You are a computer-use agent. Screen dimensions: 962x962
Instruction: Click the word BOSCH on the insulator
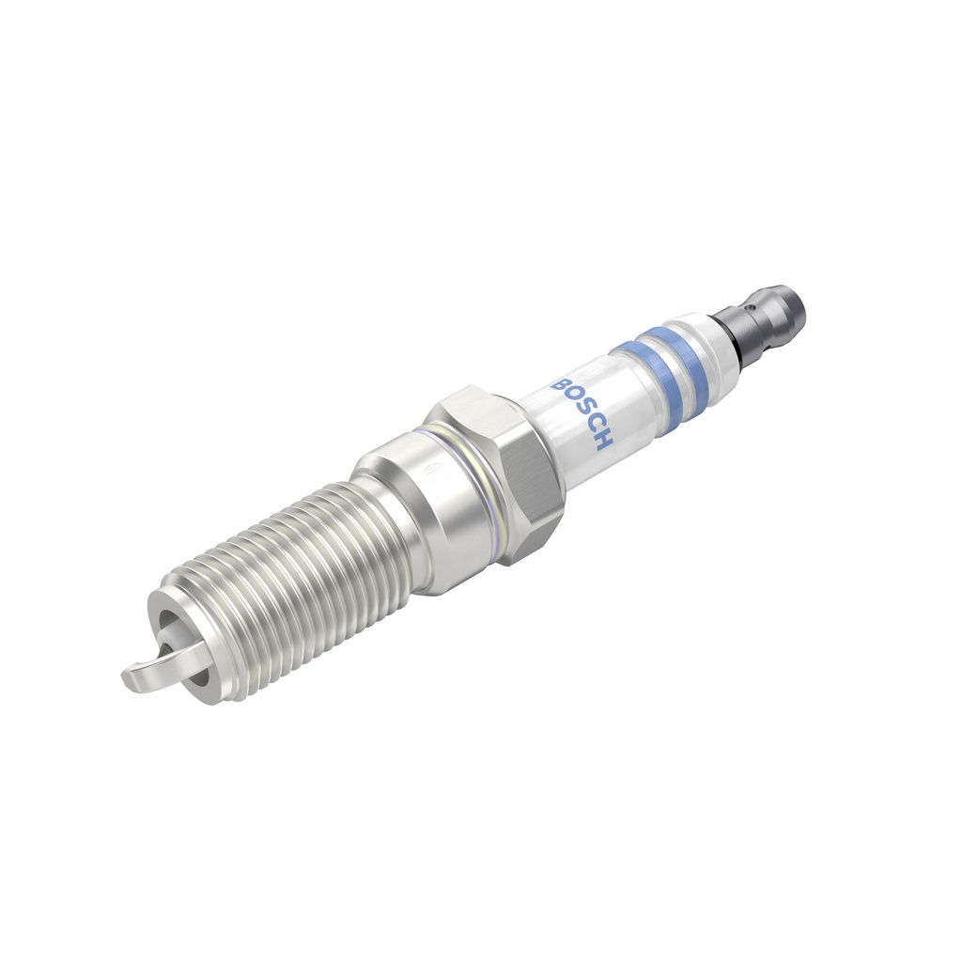click(582, 413)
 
